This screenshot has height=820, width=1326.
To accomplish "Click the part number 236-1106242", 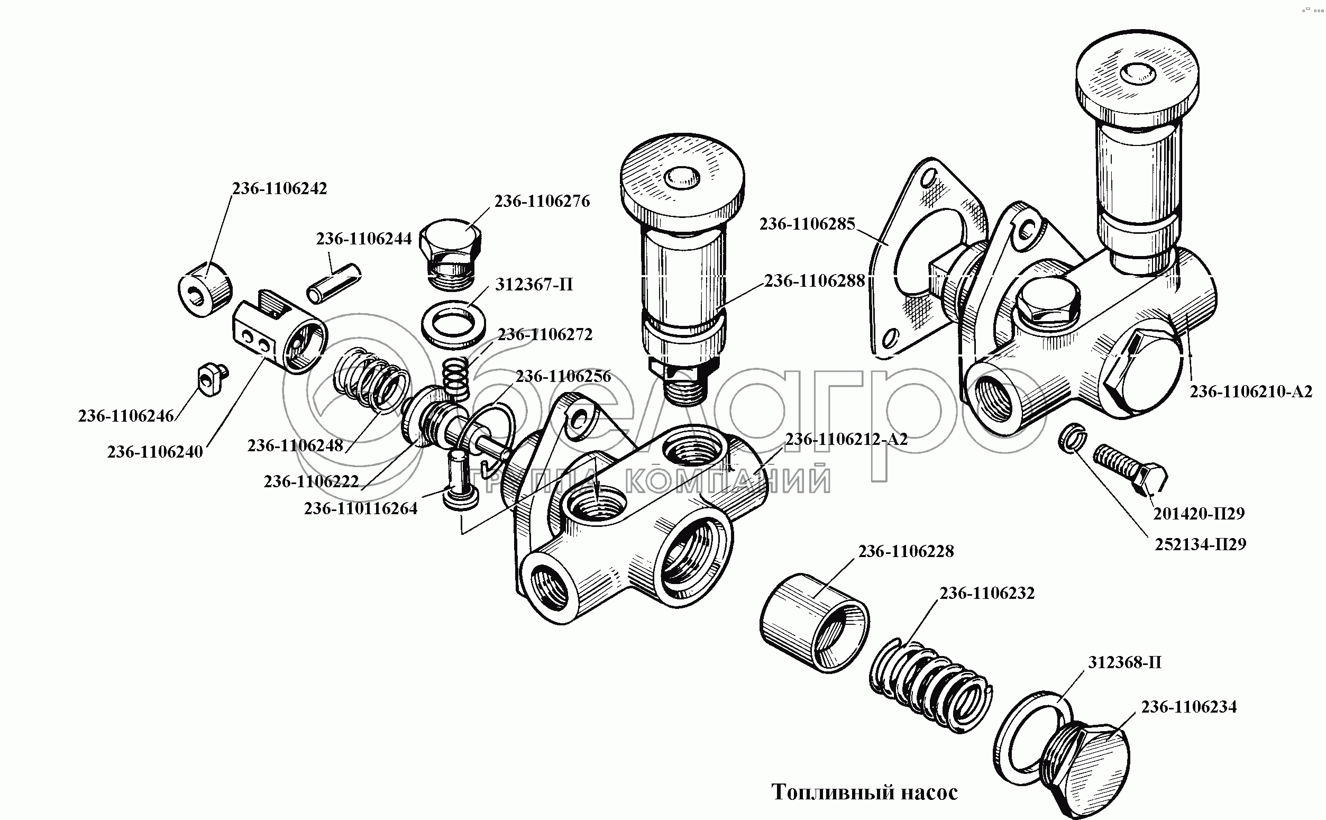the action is coord(280,188).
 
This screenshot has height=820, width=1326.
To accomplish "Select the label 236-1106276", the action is coord(542,201).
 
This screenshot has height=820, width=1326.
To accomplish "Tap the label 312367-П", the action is coord(534,284).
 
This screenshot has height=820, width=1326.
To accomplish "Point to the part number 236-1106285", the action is coord(807,224).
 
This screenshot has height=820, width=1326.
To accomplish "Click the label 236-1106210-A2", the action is coord(1251,391).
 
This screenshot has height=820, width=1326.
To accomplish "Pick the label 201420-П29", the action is coord(1199,513).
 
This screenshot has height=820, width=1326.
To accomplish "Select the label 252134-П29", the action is coord(1200,544).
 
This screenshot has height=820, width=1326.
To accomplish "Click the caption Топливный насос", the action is coord(865,792).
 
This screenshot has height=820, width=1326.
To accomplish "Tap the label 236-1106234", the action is coord(1189,707).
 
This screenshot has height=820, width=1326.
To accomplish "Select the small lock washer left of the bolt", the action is coord(1072,437).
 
